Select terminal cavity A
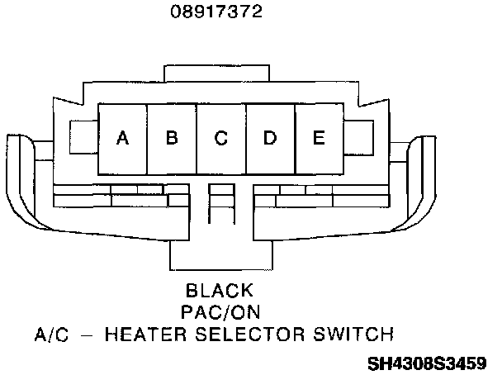coord(122,138)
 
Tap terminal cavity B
coord(172,138)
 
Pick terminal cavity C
coord(220,138)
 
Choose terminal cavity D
coord(269,138)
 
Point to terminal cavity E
coord(319,138)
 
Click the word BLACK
coord(219,291)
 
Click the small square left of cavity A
coord(84,136)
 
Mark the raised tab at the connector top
coord(220,73)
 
